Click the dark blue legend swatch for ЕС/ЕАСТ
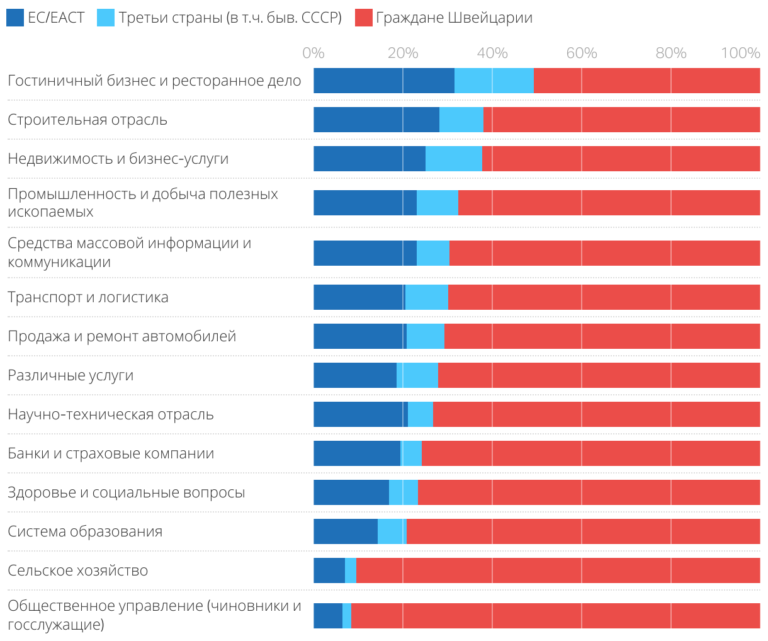tap(15, 18)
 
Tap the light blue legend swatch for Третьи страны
tap(106, 18)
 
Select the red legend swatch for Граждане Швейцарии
tap(364, 18)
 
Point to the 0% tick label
tap(313, 53)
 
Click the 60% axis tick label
tap(582, 53)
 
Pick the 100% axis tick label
tap(741, 53)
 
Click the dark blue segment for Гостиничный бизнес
tap(384, 81)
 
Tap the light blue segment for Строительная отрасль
tap(461, 120)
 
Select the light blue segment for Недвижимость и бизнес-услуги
tap(454, 159)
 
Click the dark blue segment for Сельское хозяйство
tap(329, 570)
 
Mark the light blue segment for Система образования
tap(392, 531)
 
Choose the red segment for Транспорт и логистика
tap(604, 297)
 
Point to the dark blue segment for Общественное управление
tap(328, 615)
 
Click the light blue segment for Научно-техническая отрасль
tap(421, 414)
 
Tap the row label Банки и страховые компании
tap(111, 453)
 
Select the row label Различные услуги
tap(71, 375)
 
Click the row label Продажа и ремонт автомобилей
tap(121, 336)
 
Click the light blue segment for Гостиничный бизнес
tap(494, 81)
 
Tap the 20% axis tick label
tap(403, 53)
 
